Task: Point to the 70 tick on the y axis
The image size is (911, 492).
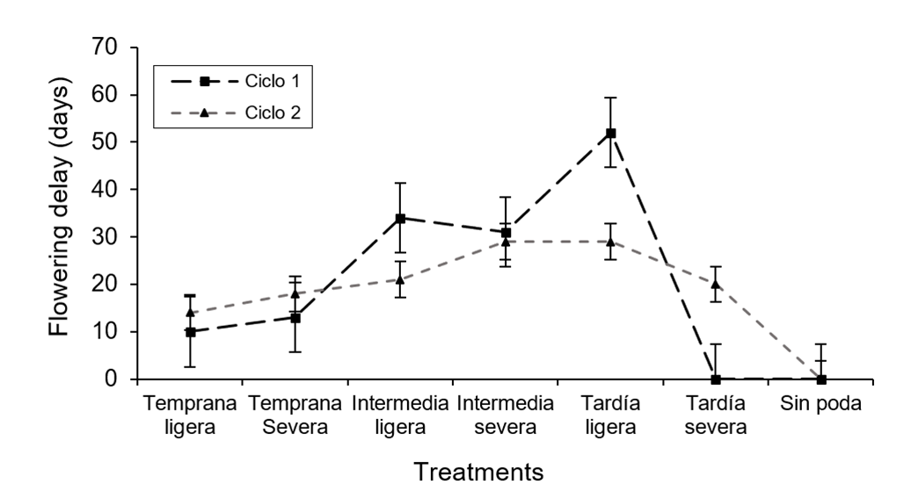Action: tap(113, 47)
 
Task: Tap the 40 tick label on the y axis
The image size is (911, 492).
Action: tap(113, 190)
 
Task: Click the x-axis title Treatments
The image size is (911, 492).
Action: tap(478, 472)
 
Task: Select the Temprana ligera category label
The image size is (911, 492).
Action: tap(190, 416)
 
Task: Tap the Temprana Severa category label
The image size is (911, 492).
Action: tap(295, 416)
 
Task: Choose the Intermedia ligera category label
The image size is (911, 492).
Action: tap(400, 416)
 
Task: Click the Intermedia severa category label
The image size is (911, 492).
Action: tap(505, 416)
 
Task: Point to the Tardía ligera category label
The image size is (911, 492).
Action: tap(610, 416)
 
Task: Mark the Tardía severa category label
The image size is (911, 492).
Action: tap(715, 416)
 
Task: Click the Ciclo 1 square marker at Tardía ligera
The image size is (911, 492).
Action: tap(610, 133)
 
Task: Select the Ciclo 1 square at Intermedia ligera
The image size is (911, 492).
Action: tap(400, 218)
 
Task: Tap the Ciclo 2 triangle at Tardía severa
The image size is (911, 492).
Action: tap(715, 284)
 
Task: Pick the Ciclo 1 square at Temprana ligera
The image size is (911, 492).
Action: tap(190, 332)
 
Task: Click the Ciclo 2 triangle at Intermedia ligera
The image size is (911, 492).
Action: tap(400, 279)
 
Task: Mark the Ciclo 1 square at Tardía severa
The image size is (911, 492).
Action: tap(715, 380)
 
